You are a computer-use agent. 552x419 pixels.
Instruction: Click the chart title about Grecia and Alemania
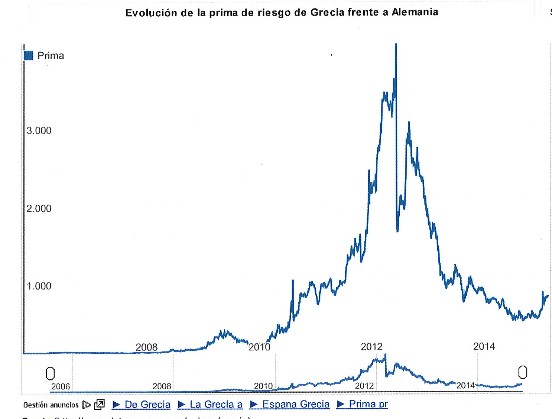click(x=282, y=13)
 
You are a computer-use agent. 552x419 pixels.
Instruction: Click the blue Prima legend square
click(x=29, y=56)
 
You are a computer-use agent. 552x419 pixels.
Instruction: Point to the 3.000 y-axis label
click(x=39, y=131)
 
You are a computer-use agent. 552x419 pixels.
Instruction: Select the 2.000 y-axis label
click(x=39, y=209)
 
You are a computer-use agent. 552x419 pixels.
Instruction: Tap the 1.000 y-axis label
click(x=39, y=286)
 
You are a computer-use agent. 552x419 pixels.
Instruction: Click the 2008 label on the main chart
click(x=146, y=347)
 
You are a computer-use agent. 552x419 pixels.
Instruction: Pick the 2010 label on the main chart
click(x=259, y=347)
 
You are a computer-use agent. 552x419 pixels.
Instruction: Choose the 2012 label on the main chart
click(x=371, y=347)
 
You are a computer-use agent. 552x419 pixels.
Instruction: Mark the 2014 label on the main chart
click(x=484, y=346)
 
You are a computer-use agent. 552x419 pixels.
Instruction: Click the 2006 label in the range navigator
click(x=61, y=386)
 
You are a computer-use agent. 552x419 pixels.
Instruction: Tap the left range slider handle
click(x=50, y=373)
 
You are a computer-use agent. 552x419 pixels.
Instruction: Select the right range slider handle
click(x=523, y=372)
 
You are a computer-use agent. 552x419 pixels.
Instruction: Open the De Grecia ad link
click(x=142, y=405)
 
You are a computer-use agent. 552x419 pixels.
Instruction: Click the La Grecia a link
click(x=210, y=405)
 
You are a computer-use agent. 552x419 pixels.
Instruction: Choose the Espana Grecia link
click(x=290, y=404)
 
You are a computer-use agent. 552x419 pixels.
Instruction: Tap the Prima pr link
click(x=362, y=404)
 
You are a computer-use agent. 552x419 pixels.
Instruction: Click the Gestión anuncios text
click(x=51, y=405)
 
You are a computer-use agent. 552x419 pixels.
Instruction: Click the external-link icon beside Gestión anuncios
click(x=99, y=405)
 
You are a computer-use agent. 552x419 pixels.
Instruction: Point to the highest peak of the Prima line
click(x=396, y=45)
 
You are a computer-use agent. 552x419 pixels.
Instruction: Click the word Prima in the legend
click(x=51, y=56)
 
